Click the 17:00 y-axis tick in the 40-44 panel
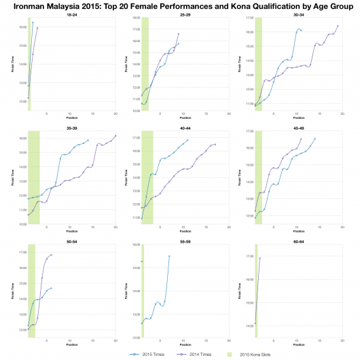(x=136, y=138)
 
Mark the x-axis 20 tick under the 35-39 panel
(x=115, y=228)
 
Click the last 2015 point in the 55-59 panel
(x=169, y=256)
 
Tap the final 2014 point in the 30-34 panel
(x=338, y=26)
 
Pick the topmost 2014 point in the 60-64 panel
(x=259, y=258)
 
